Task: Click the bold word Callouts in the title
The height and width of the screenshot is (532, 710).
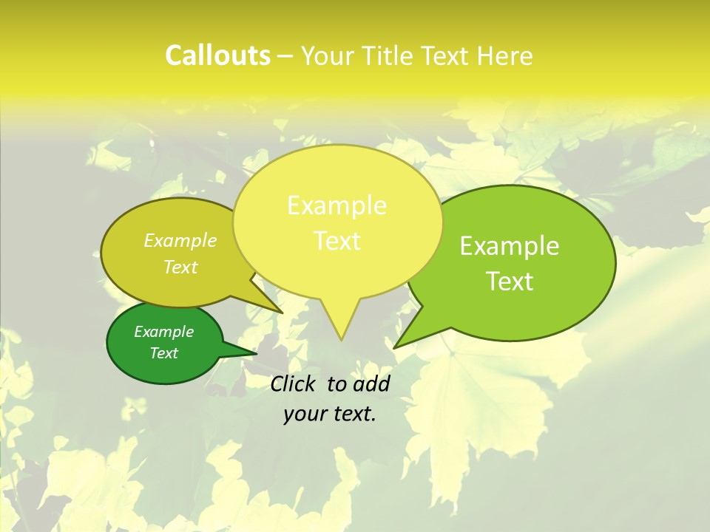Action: point(217,55)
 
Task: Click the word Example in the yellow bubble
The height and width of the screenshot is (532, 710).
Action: point(337,205)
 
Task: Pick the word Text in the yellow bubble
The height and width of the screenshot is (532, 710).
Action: point(337,241)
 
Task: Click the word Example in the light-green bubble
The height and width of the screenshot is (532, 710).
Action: point(510,246)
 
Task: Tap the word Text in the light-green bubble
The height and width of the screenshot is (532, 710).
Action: point(510,282)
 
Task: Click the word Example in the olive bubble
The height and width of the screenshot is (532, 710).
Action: point(180,240)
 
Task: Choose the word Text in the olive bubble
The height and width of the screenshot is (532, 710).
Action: point(180,267)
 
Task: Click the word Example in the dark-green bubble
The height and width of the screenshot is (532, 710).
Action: point(163,332)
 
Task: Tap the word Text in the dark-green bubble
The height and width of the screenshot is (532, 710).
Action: point(163,353)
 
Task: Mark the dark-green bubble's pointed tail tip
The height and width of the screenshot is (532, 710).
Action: point(256,352)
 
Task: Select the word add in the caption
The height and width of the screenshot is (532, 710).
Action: point(371,383)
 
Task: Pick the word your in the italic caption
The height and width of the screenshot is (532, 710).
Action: point(304,415)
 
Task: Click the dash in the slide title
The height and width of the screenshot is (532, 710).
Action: point(285,57)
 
